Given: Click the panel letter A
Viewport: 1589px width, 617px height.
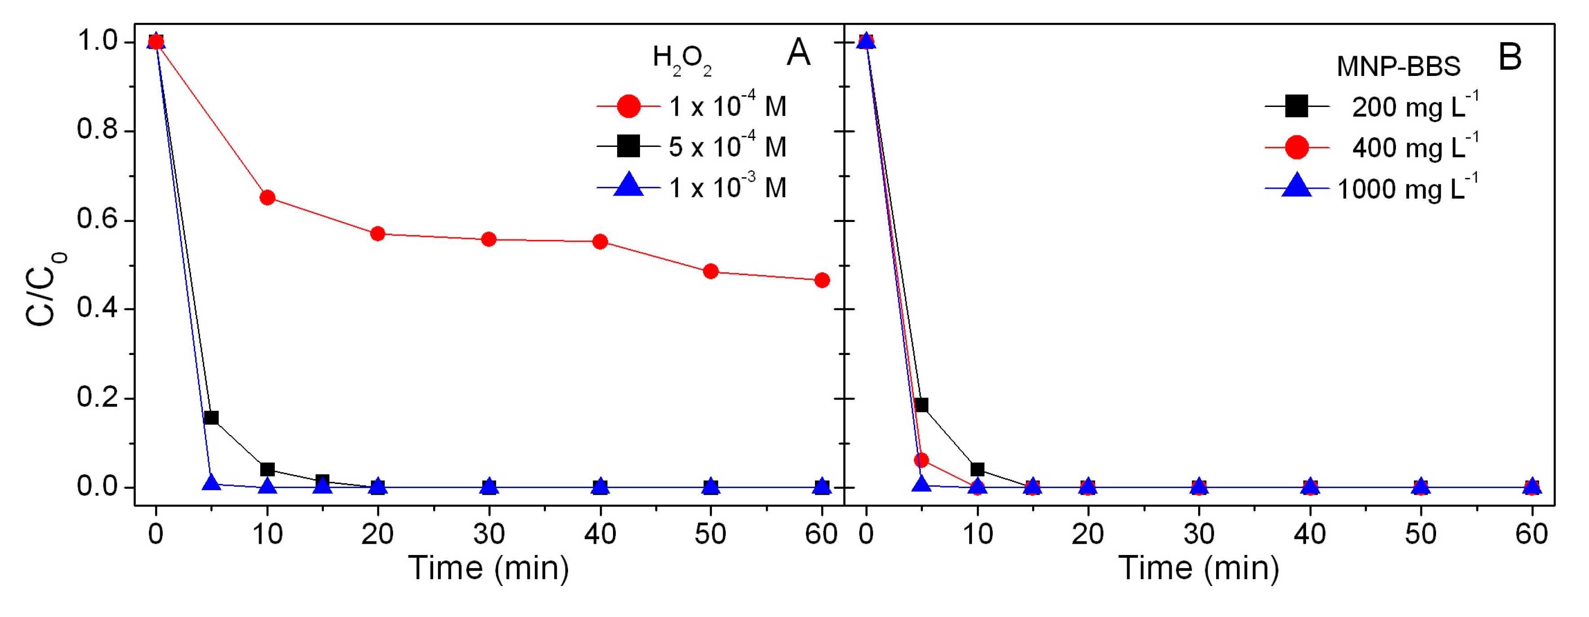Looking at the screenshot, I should [798, 53].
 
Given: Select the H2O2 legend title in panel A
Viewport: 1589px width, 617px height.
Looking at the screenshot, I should [682, 60].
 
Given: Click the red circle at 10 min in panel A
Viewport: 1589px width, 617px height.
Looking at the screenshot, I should [267, 198].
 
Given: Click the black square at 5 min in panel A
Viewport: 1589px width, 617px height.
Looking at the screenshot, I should [211, 418].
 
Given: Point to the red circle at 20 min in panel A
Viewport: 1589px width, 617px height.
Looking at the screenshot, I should [377, 234].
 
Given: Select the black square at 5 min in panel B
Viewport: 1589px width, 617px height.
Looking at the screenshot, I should [922, 405].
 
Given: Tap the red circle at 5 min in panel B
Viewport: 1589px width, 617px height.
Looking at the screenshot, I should [922, 460].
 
